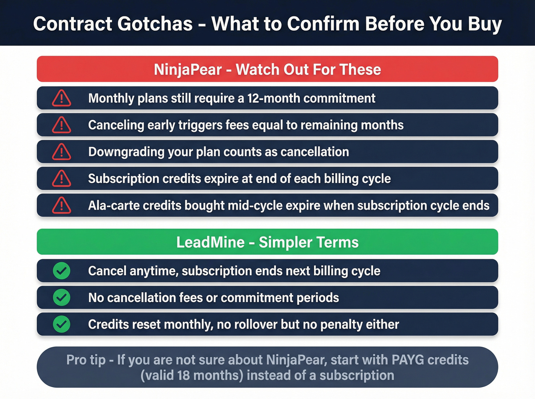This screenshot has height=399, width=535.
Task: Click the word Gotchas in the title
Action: tap(155, 24)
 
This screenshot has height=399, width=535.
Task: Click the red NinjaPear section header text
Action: tap(267, 69)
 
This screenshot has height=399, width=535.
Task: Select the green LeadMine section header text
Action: tap(267, 242)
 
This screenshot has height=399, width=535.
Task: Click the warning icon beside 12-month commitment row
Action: tap(62, 99)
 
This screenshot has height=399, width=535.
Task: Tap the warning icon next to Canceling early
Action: tap(62, 125)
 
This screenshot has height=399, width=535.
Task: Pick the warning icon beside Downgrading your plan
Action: tap(62, 152)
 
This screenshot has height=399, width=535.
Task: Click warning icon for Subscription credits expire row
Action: tap(62, 179)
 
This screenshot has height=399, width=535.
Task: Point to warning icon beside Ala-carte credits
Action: tap(62, 205)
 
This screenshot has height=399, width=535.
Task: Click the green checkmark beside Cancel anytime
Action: tap(62, 271)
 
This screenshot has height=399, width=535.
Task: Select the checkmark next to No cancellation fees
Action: tap(62, 298)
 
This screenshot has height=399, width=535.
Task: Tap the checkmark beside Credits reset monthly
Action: tap(62, 325)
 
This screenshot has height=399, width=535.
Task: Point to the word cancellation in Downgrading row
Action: tap(315, 152)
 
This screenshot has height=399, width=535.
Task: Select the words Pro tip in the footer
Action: tap(86, 360)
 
